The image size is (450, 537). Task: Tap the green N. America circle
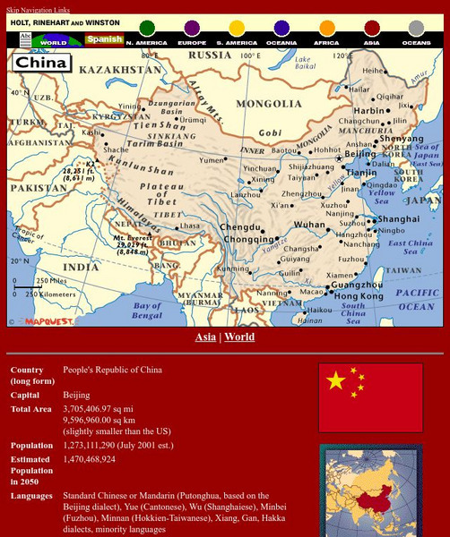click(147, 29)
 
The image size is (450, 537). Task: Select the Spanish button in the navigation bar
click(104, 40)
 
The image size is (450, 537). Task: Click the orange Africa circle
click(327, 29)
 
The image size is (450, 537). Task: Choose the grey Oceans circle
click(416, 29)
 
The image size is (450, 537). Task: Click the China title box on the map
click(41, 64)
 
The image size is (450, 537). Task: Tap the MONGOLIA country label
click(262, 103)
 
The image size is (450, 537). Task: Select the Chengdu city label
click(239, 227)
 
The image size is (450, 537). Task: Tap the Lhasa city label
click(190, 226)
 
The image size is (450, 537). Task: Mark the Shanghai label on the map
click(398, 219)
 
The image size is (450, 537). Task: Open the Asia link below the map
click(205, 337)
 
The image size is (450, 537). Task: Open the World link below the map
click(239, 337)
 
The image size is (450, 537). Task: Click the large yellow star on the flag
click(336, 381)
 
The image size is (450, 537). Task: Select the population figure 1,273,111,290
click(99, 445)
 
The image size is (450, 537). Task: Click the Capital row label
click(26, 395)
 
